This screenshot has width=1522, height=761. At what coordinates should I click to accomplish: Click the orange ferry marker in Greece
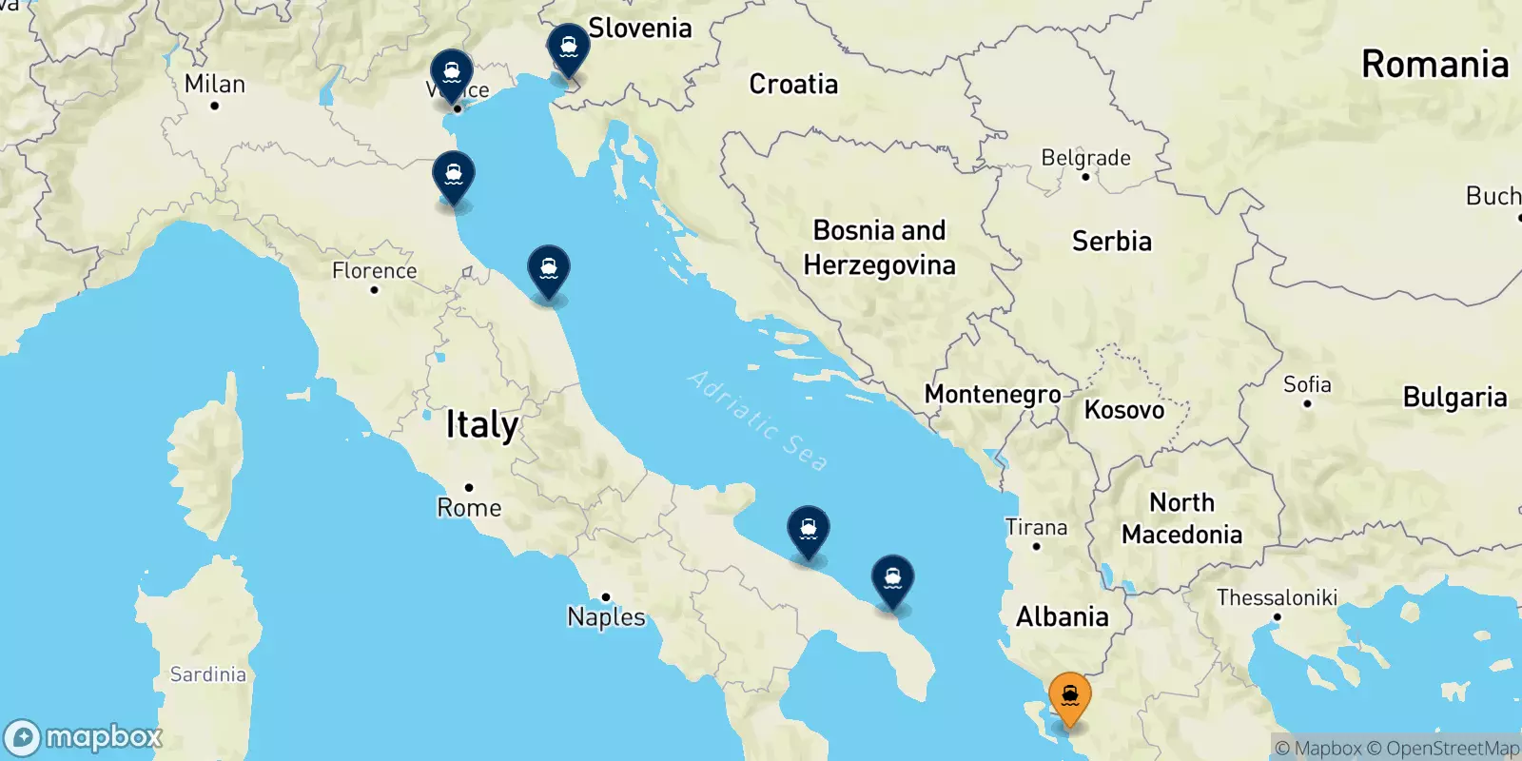pos(1069,698)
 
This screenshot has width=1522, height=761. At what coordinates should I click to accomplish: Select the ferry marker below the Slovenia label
pos(568,49)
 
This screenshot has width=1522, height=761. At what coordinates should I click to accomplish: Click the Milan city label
pos(215,85)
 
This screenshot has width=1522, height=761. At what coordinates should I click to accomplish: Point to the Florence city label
pos(374,271)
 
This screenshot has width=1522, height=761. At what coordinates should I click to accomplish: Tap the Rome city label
pos(469,508)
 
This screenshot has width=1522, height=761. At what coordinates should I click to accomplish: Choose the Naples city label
pos(606,617)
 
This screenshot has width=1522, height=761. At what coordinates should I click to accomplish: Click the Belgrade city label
pos(1085,158)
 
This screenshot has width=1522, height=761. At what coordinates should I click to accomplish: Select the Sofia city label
pos(1307,384)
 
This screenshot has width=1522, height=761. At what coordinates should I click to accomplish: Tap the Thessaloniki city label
pos(1277,597)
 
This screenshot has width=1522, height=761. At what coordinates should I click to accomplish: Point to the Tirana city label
pos(1036,527)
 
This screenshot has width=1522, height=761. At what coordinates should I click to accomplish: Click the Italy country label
pos(482,424)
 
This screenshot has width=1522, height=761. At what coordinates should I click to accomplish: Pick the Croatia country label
pos(793,84)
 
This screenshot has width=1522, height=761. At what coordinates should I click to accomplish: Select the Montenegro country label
pos(992,394)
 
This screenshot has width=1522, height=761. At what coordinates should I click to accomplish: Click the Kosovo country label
pos(1124,410)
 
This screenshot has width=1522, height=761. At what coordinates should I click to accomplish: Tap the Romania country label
pos(1434,65)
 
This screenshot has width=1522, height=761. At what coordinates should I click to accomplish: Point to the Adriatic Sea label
pos(757,420)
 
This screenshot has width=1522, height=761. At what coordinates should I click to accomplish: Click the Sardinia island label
pos(207,674)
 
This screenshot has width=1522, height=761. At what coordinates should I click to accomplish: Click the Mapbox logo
pos(84,737)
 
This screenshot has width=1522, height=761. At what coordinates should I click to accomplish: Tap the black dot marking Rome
pos(469,487)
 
